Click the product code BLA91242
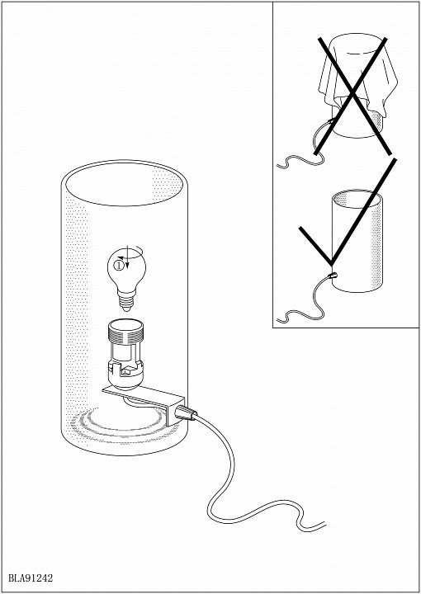coord(31,578)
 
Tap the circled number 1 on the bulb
coord(119,266)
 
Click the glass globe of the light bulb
coord(126,270)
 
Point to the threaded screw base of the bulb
coord(126,301)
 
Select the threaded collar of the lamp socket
coord(125,329)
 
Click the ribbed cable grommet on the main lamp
coord(186,413)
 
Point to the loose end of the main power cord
coord(324,525)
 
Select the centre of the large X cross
coord(352,92)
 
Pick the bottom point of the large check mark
coord(332,263)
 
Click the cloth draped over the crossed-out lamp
coord(358,76)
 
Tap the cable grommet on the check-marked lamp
coord(333,275)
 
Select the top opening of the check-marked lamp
coord(357,199)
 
